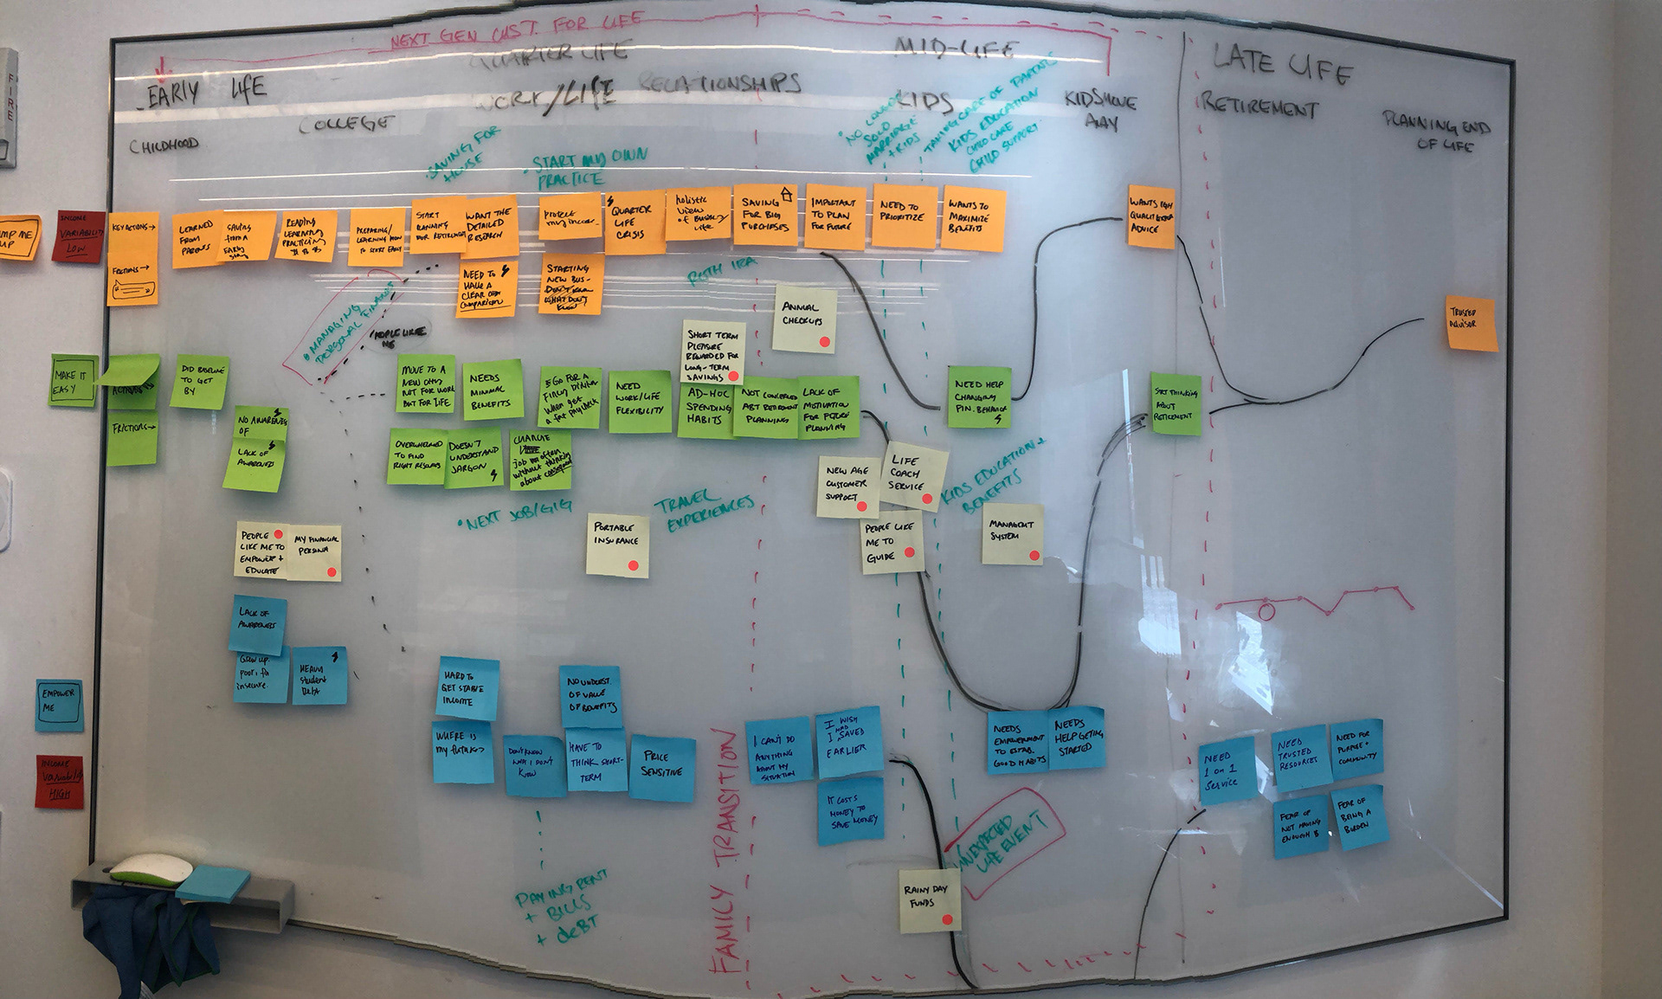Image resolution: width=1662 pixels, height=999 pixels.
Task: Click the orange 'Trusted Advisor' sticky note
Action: click(1472, 323)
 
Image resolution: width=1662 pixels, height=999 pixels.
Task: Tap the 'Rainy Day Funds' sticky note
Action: click(929, 900)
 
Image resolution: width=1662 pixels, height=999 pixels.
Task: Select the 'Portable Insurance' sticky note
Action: click(617, 544)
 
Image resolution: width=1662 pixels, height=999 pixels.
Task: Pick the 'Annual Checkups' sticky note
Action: click(804, 319)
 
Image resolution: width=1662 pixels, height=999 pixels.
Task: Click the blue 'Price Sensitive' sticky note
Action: click(661, 767)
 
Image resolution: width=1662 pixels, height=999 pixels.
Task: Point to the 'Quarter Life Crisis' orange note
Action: click(631, 222)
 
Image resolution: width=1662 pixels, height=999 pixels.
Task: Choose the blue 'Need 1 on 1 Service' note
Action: click(1224, 770)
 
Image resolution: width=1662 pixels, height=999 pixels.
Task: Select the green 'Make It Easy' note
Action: click(72, 382)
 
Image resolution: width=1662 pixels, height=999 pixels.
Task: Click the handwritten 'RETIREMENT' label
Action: click(1259, 108)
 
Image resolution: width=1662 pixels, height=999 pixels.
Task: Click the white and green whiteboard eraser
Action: click(144, 868)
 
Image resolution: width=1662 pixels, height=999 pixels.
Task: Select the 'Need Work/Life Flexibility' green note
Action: click(639, 401)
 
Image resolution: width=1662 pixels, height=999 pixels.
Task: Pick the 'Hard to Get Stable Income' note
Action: click(467, 688)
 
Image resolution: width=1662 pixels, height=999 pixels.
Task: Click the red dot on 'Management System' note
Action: click(1033, 555)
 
